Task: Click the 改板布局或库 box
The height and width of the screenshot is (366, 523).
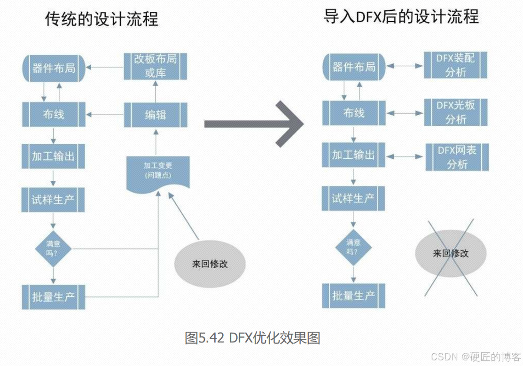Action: [x=156, y=66]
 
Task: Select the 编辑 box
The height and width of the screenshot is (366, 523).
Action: [x=156, y=114]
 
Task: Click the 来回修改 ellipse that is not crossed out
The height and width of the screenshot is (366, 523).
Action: [x=210, y=264]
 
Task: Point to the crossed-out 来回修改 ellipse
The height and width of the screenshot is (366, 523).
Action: [x=450, y=253]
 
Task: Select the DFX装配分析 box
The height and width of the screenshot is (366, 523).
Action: [x=455, y=65]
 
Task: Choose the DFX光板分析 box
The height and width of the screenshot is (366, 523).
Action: [x=455, y=112]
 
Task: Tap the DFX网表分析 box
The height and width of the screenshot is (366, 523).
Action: [x=457, y=157]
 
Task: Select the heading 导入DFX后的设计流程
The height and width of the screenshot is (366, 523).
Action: [x=401, y=17]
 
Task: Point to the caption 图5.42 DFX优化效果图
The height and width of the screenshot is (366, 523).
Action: [x=252, y=338]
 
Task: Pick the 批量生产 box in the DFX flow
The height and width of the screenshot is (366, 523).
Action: [x=353, y=296]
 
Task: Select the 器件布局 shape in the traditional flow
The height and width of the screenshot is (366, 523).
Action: [x=54, y=68]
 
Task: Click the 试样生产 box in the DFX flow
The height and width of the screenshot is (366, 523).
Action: [x=353, y=198]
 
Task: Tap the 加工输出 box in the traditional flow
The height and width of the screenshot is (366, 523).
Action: [x=53, y=156]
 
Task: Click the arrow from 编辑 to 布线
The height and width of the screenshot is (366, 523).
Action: [x=104, y=114]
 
